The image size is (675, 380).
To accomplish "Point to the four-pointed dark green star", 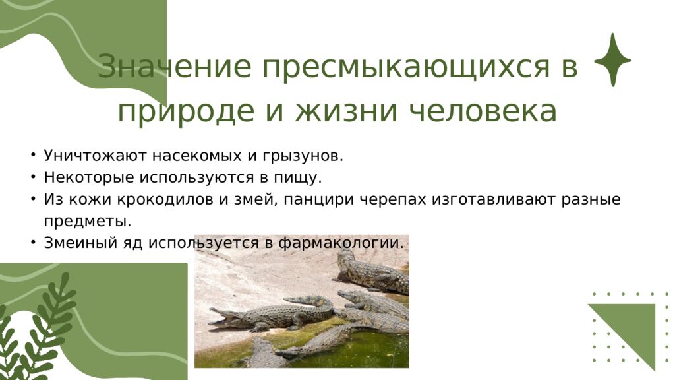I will (612, 60).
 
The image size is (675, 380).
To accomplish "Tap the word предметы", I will (88, 221).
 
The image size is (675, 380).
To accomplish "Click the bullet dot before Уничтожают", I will (32, 156).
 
